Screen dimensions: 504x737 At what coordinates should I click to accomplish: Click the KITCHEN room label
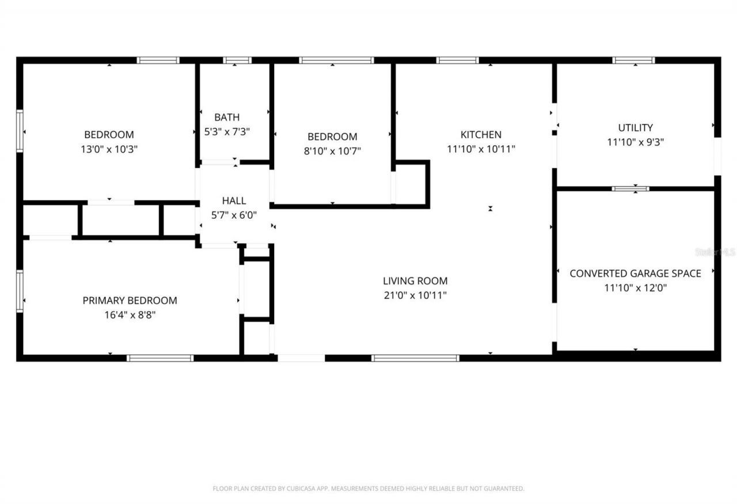point(481,135)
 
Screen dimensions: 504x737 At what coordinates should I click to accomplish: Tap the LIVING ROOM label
point(415,281)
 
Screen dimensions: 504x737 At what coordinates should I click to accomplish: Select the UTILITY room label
point(635,128)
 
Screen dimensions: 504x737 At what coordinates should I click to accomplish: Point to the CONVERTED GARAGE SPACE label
point(635,274)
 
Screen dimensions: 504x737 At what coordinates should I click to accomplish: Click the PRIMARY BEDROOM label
point(130,301)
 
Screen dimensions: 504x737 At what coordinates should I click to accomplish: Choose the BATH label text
point(227,117)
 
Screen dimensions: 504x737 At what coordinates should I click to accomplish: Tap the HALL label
point(234,201)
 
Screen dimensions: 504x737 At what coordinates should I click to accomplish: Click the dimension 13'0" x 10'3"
point(109,149)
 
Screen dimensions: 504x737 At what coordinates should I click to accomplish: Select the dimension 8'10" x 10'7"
point(332,151)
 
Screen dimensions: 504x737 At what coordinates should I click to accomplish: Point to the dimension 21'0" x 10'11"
point(415,295)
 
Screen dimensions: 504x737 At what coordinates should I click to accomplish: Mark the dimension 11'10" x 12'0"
point(635,288)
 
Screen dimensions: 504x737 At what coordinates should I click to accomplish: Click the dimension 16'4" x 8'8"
point(130,315)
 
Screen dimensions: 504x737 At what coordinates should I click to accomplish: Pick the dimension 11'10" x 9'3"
point(635,142)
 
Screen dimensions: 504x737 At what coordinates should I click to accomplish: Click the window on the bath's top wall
point(237,60)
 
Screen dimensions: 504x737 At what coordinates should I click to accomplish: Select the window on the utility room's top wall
point(633,60)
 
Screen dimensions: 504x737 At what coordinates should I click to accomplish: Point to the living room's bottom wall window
point(415,358)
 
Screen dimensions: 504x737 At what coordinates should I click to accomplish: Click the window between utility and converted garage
point(630,188)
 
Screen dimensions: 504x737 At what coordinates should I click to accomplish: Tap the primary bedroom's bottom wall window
point(160,358)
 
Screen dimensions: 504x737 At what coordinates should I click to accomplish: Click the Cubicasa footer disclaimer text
point(368,488)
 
